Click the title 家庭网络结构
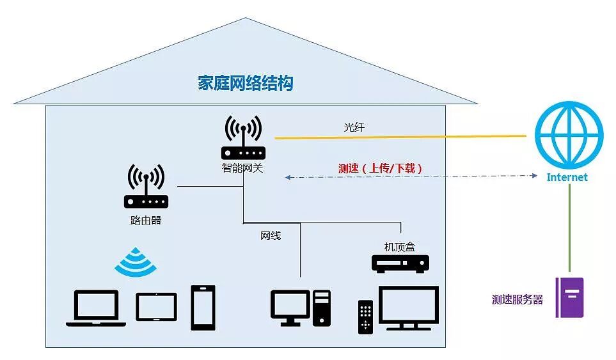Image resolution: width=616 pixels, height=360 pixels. tap(245, 83)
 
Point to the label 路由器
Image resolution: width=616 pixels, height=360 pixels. tap(146, 221)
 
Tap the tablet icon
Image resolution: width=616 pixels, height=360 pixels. tap(156, 307)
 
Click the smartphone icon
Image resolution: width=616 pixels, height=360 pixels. tap(203, 308)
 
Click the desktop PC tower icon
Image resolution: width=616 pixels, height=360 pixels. tap(322, 308)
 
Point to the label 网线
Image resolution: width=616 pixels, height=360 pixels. tap(270, 235)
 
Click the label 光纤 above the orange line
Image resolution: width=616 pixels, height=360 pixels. tap(354, 128)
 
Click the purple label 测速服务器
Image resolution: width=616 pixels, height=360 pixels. tap(517, 299)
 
